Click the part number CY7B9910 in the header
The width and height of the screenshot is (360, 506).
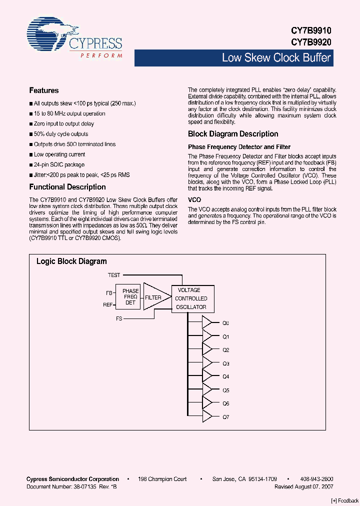pyautogui.click(x=311, y=30)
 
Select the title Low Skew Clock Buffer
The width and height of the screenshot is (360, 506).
pyautogui.click(x=276, y=58)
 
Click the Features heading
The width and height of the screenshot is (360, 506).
pyautogui.click(x=44, y=90)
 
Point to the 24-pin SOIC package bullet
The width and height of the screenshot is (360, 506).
pyautogui.click(x=59, y=164)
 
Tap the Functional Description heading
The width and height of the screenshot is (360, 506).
pyautogui.click(x=67, y=187)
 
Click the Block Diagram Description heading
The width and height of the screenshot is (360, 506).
pyautogui.click(x=233, y=134)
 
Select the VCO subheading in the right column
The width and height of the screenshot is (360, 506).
pyautogui.click(x=194, y=199)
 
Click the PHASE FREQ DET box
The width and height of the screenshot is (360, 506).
pyautogui.click(x=130, y=296)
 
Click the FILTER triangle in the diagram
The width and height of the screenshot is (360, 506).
pyautogui.click(x=154, y=297)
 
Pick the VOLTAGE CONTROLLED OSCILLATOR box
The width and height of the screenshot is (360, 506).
pyautogui.click(x=192, y=298)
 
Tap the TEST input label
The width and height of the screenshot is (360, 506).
pyautogui.click(x=114, y=275)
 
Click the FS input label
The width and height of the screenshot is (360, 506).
pyautogui.click(x=119, y=318)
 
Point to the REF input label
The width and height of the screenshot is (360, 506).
pyautogui.click(x=107, y=304)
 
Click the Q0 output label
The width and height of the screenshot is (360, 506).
pyautogui.click(x=226, y=323)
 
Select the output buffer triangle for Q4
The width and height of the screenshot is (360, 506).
pyautogui.click(x=207, y=376)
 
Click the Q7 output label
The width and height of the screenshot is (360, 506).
pyautogui.click(x=226, y=416)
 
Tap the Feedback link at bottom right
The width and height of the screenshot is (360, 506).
pyautogui.click(x=344, y=501)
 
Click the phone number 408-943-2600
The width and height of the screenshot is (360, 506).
pyautogui.click(x=317, y=479)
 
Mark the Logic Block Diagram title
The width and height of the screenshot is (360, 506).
pyautogui.click(x=71, y=261)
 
